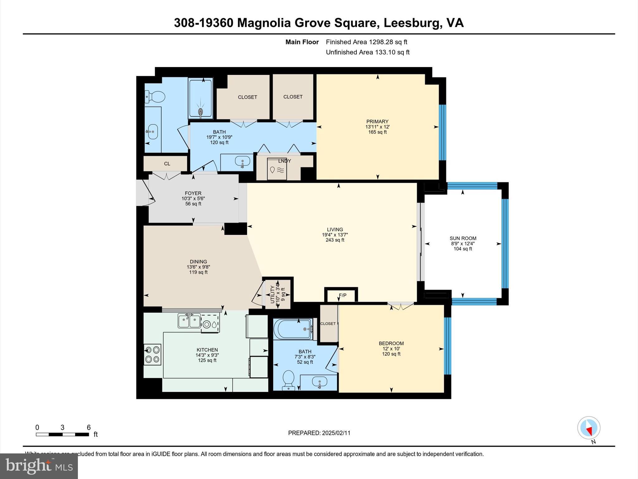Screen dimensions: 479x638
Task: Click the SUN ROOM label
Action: (463, 238)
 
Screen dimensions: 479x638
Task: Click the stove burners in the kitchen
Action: (152, 355)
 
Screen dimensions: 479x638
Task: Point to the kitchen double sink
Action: (189, 321)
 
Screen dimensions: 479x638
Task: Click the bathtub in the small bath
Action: (293, 329)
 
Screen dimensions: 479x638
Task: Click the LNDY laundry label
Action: (284, 161)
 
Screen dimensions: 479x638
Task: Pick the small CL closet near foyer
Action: (167, 164)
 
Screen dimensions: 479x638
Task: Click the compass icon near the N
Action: (588, 428)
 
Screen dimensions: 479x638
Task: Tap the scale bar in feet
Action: (62, 434)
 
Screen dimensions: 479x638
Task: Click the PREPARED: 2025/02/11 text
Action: (319, 433)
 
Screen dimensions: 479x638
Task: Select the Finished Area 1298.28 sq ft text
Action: (366, 42)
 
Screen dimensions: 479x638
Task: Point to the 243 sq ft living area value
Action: (335, 240)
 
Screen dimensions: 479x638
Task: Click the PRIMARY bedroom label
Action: (377, 122)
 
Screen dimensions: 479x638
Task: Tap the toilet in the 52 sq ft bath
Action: (288, 379)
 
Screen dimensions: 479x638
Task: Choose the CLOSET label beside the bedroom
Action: (328, 324)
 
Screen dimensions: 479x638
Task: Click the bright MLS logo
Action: (39, 466)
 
